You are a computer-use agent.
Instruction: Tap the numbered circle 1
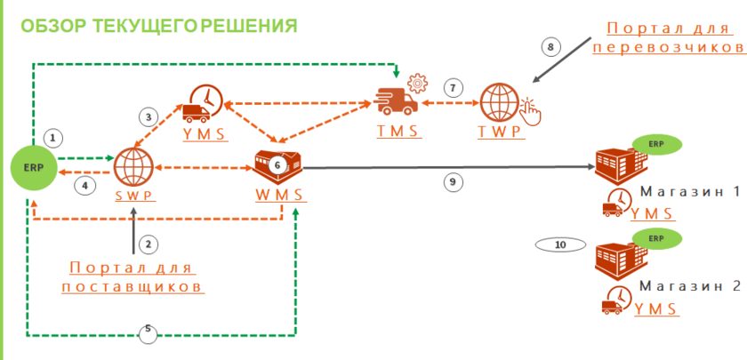coord(53,138)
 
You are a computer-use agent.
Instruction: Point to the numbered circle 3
coord(149,116)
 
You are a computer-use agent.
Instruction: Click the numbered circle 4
coord(84,186)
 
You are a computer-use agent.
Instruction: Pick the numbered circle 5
coord(149,334)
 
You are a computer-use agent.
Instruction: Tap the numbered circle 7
coord(454,88)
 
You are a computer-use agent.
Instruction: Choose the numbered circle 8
coord(550,45)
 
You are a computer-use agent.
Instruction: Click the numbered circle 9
coord(453,181)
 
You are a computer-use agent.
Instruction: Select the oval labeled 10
coord(559,244)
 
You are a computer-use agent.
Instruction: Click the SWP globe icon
coord(133,166)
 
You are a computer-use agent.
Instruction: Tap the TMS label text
coord(396,132)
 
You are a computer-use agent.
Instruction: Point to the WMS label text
coord(278,195)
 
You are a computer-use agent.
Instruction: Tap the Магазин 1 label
coord(689,193)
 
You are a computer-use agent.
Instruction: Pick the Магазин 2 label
coord(689,287)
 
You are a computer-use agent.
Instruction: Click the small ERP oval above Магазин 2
coord(656,238)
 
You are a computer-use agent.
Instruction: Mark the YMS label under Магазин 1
coord(655,213)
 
